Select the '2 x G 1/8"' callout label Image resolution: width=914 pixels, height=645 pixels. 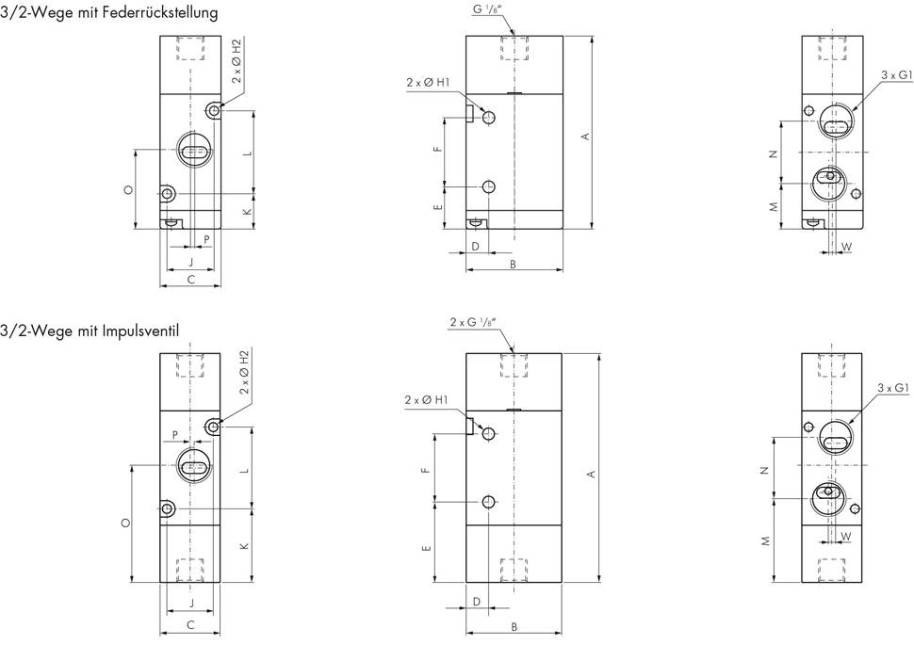tap(474, 323)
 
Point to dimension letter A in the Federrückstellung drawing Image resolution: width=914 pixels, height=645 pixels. tap(585, 136)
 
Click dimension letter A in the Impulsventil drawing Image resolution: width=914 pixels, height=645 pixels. tap(591, 473)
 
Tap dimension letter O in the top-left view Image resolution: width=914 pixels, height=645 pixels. tap(128, 190)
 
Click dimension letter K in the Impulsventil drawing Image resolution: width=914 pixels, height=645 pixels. tap(247, 546)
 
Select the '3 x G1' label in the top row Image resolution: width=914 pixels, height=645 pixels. tap(894, 74)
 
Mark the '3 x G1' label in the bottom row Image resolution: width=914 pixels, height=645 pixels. tap(891, 388)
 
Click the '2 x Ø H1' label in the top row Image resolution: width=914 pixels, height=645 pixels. tap(428, 83)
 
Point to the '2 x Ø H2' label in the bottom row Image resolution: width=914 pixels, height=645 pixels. tap(244, 372)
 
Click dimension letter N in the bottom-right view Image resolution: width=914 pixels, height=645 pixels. tap(765, 469)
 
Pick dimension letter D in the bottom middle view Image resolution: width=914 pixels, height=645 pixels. tap(477, 600)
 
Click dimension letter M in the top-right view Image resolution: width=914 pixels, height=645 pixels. tap(773, 205)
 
